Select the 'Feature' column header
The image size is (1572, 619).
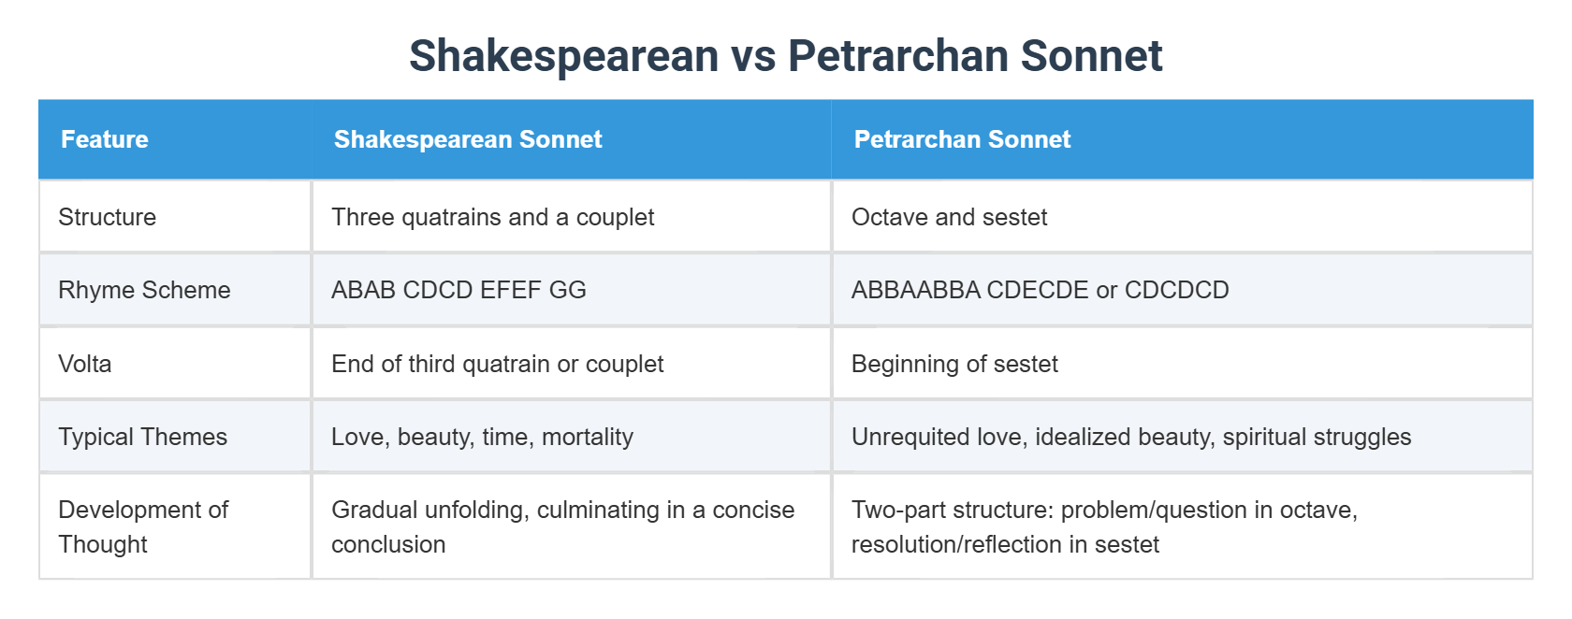tap(105, 139)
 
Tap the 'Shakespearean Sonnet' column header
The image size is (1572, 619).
tap(468, 139)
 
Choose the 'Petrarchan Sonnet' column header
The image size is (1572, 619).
tap(962, 139)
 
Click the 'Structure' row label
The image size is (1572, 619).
tap(108, 217)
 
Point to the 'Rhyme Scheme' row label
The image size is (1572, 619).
tap(144, 290)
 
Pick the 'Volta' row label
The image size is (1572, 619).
tap(85, 364)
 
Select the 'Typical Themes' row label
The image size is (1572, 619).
tap(143, 437)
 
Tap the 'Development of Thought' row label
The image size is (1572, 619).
tap(143, 526)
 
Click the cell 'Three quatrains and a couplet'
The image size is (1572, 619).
tap(493, 217)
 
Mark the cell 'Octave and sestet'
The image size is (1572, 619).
tap(949, 217)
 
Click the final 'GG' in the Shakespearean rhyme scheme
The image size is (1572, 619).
tap(568, 290)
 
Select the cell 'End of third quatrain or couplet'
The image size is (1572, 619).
tap(498, 364)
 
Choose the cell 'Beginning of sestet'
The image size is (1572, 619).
tap(954, 364)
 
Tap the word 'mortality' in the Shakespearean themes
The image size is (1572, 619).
tap(588, 437)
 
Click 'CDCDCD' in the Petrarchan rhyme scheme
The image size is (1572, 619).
tap(1177, 290)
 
